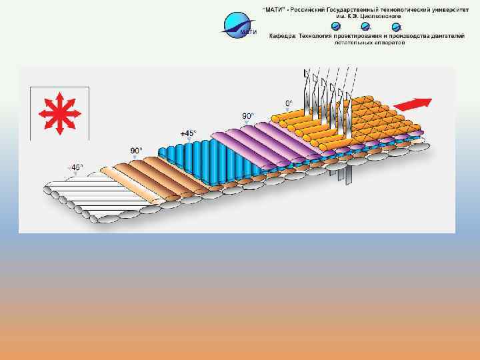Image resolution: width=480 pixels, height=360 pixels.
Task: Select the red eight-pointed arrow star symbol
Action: point(59,111)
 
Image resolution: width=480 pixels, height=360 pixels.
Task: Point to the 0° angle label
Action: point(289,103)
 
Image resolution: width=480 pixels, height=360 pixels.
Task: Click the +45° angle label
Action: point(188,133)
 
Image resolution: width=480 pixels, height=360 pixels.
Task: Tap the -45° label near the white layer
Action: point(77,167)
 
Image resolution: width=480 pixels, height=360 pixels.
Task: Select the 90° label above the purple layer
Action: point(248,116)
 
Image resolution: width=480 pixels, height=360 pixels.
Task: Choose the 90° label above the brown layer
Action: point(136,151)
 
